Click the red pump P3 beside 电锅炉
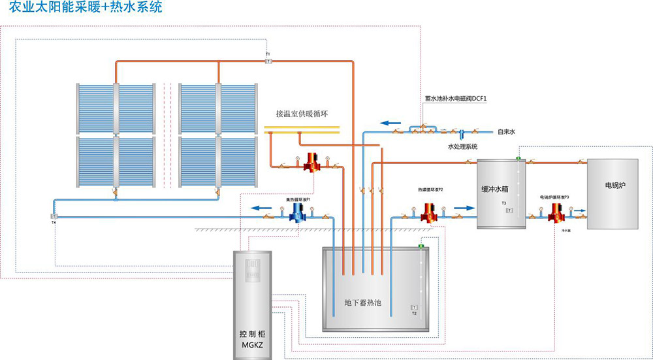tap(556, 213)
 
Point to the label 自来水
tap(507, 131)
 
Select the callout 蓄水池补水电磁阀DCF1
tap(456, 99)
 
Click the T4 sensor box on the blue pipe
tap(54, 216)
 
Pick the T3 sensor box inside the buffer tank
tap(509, 210)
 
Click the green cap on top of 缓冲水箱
tap(518, 158)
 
